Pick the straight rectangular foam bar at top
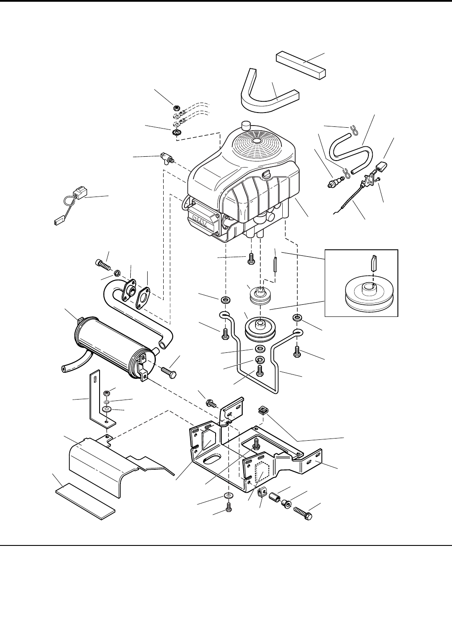[x=301, y=65]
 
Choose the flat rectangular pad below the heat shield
[x=85, y=502]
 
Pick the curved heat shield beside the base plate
[x=118, y=469]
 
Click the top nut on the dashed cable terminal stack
[x=177, y=107]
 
